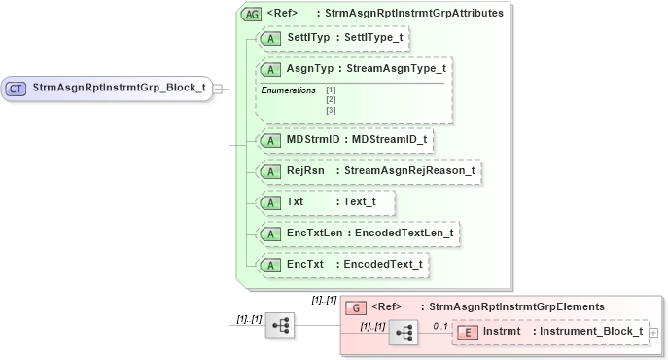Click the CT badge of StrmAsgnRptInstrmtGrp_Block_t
(17, 89)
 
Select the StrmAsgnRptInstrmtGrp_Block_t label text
(119, 88)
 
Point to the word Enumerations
(288, 90)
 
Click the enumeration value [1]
(331, 90)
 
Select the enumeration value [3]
(331, 109)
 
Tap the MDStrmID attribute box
(345, 140)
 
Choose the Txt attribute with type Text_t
(325, 202)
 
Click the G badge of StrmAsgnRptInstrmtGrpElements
(357, 306)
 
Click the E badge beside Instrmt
(468, 332)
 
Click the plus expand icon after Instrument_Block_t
(653, 333)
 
